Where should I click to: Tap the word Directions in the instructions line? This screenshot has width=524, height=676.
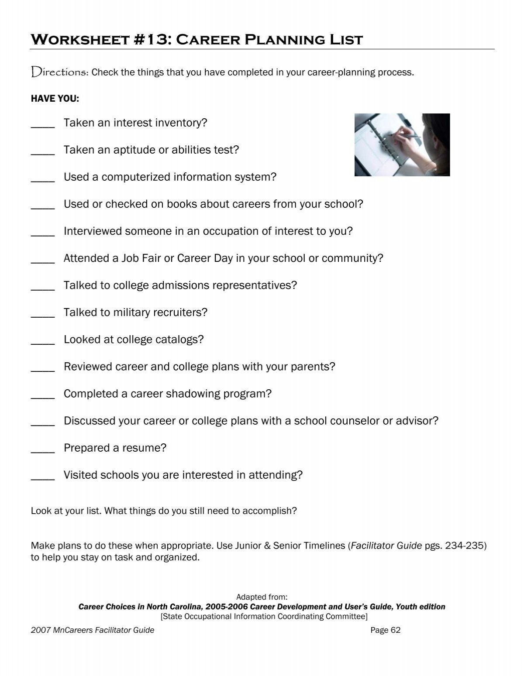coord(60,72)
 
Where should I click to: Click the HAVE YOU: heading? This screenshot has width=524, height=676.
coord(55,99)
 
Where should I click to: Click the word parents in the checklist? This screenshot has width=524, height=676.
coord(313,367)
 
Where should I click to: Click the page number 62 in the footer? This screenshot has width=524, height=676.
coord(395,630)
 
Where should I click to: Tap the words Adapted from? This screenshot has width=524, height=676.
coord(262,597)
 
